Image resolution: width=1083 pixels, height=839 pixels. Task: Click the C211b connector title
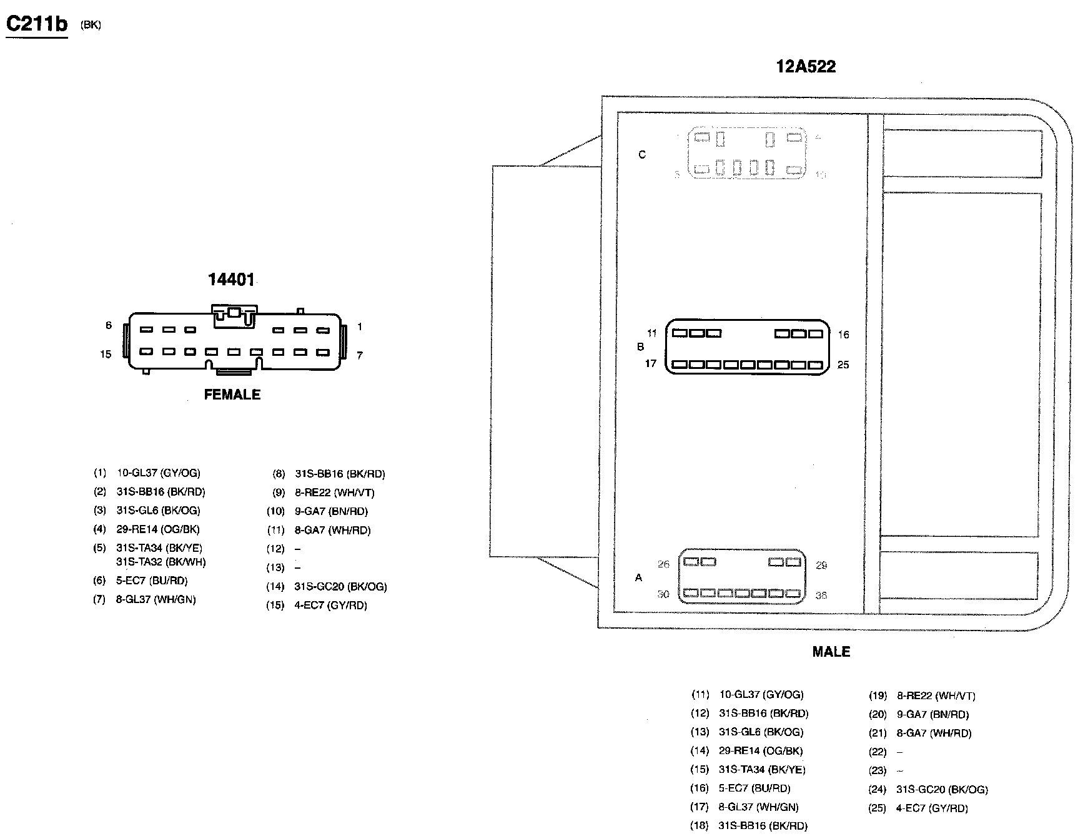[x=36, y=24]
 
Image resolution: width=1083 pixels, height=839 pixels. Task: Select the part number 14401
[x=231, y=280]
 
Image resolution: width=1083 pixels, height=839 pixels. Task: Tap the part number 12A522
[x=806, y=67]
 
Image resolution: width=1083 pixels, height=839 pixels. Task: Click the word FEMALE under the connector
[x=232, y=395]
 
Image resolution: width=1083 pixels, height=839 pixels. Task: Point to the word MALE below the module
[x=831, y=652]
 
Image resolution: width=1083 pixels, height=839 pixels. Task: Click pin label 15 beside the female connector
[x=106, y=355]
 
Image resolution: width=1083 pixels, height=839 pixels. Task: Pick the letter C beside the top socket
[x=641, y=155]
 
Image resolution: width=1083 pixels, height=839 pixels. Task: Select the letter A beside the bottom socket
[x=638, y=578]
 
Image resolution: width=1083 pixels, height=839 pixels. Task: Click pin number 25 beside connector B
[x=843, y=365]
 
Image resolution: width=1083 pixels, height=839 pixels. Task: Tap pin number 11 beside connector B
[x=651, y=333]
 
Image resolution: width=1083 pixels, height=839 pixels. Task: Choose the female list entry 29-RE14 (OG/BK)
[x=158, y=529]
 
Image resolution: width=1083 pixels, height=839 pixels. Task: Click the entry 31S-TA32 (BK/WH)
[x=161, y=562]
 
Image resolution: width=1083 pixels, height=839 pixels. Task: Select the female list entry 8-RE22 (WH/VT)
[x=334, y=493]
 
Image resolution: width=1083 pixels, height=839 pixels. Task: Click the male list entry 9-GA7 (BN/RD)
[x=933, y=714]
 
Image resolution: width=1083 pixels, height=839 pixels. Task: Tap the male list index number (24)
[x=878, y=790]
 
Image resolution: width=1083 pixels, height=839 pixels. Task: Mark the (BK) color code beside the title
[x=91, y=25]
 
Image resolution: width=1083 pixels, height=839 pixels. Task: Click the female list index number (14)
[x=275, y=587]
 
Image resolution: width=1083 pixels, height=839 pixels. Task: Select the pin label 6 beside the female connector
[x=109, y=325]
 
